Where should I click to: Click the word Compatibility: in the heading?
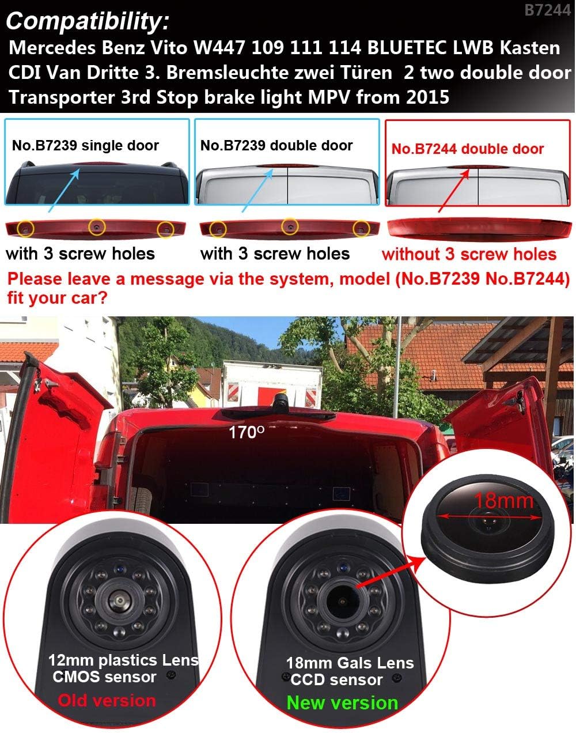tap(87, 21)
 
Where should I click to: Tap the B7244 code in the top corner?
tap(547, 10)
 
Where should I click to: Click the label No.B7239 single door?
tap(85, 145)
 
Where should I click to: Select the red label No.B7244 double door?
tap(467, 149)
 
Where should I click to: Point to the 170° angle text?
tap(246, 432)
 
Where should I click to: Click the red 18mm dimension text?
tap(504, 501)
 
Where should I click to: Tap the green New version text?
tap(342, 702)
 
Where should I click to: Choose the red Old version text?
tap(107, 701)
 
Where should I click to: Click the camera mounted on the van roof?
tap(281, 403)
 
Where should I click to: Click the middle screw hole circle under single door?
tap(97, 227)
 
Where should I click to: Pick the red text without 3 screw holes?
tap(469, 254)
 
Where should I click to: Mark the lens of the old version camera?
tap(120, 600)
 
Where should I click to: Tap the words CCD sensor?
tap(336, 679)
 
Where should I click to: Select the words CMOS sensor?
tap(104, 677)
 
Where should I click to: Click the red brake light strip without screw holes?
tap(479, 228)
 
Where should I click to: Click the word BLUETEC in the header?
tap(407, 48)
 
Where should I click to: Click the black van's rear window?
tap(96, 187)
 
